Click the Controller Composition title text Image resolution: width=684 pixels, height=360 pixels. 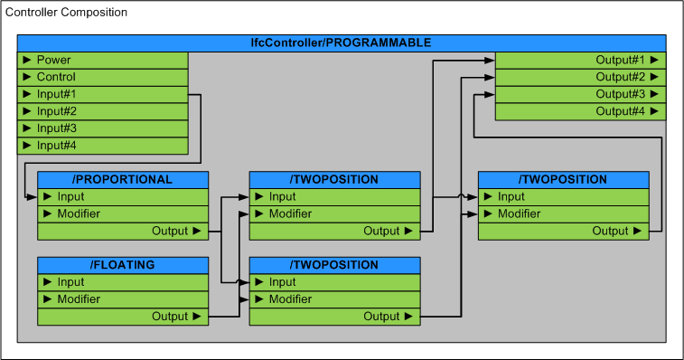[67, 13]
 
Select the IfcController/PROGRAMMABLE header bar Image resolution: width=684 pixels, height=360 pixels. [341, 43]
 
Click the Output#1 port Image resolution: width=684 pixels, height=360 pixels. [580, 60]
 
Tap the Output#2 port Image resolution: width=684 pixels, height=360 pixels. [580, 77]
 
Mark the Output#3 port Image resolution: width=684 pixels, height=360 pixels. [580, 94]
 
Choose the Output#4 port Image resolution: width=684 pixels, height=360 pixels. [580, 111]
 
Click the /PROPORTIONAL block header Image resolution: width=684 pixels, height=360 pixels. [123, 179]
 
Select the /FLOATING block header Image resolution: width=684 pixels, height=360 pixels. [123, 265]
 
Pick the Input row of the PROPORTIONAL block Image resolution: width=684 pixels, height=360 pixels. [123, 196]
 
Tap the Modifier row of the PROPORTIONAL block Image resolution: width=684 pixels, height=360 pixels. [123, 213]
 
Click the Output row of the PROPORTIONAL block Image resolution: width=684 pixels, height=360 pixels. [123, 231]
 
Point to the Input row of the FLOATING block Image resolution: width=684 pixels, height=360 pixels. [123, 282]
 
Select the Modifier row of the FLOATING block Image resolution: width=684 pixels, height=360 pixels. [123, 299]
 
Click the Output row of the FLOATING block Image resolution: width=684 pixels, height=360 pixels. [123, 317]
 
